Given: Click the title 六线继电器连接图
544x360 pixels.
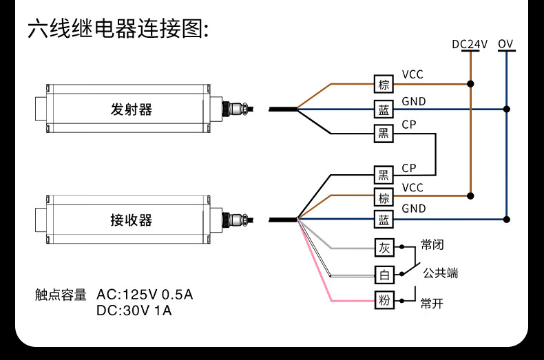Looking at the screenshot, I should [x=117, y=30].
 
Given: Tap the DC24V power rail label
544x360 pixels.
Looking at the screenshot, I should [x=470, y=45].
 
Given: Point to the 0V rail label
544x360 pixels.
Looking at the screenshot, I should [x=506, y=45].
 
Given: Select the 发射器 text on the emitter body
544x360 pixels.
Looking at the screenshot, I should [x=131, y=109].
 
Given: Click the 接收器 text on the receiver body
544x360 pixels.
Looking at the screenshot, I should [x=131, y=220].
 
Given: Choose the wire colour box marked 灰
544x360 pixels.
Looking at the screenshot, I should [x=384, y=247].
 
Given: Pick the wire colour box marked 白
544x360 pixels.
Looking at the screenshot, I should [x=384, y=274].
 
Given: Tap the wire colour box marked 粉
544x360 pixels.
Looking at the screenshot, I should [x=384, y=300].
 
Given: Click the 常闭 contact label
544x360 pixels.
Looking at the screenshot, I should [x=432, y=245].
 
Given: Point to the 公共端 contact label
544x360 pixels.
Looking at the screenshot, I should [x=441, y=273].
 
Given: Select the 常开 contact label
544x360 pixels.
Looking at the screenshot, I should [x=432, y=303].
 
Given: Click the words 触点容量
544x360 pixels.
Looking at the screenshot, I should [x=61, y=295].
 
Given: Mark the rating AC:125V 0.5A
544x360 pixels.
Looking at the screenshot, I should [x=145, y=295].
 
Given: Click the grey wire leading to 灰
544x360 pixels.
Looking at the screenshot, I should [x=344, y=247].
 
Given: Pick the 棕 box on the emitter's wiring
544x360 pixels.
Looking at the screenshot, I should [x=384, y=85].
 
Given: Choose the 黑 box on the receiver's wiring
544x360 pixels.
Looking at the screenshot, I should [x=384, y=175].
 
